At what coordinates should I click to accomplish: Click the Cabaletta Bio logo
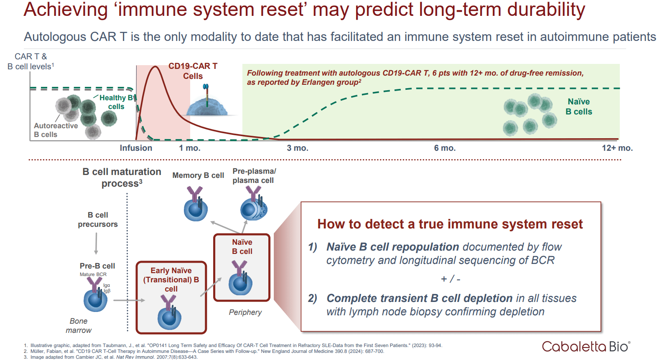pyautogui.click(x=586, y=346)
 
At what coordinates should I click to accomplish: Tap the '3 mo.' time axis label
pyautogui.click(x=298, y=148)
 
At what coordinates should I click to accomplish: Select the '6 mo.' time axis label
pyautogui.click(x=445, y=148)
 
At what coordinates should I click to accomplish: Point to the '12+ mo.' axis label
pyautogui.click(x=617, y=148)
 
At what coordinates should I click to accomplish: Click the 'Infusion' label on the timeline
pyautogui.click(x=136, y=148)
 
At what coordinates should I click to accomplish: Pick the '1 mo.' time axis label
pyautogui.click(x=190, y=148)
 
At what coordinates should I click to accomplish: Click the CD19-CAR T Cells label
pyautogui.click(x=193, y=71)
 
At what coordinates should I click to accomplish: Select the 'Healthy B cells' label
pyautogui.click(x=116, y=102)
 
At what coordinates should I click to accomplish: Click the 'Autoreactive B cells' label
pyautogui.click(x=56, y=130)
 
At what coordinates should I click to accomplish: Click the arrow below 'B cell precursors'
pyautogui.click(x=96, y=243)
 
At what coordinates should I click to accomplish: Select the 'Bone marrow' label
pyautogui.click(x=79, y=326)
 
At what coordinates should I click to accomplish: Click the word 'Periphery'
pyautogui.click(x=245, y=312)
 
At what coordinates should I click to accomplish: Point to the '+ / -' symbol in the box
pyautogui.click(x=451, y=279)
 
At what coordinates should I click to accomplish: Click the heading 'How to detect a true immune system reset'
pyautogui.click(x=450, y=224)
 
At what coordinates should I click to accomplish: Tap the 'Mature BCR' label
pyautogui.click(x=93, y=274)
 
